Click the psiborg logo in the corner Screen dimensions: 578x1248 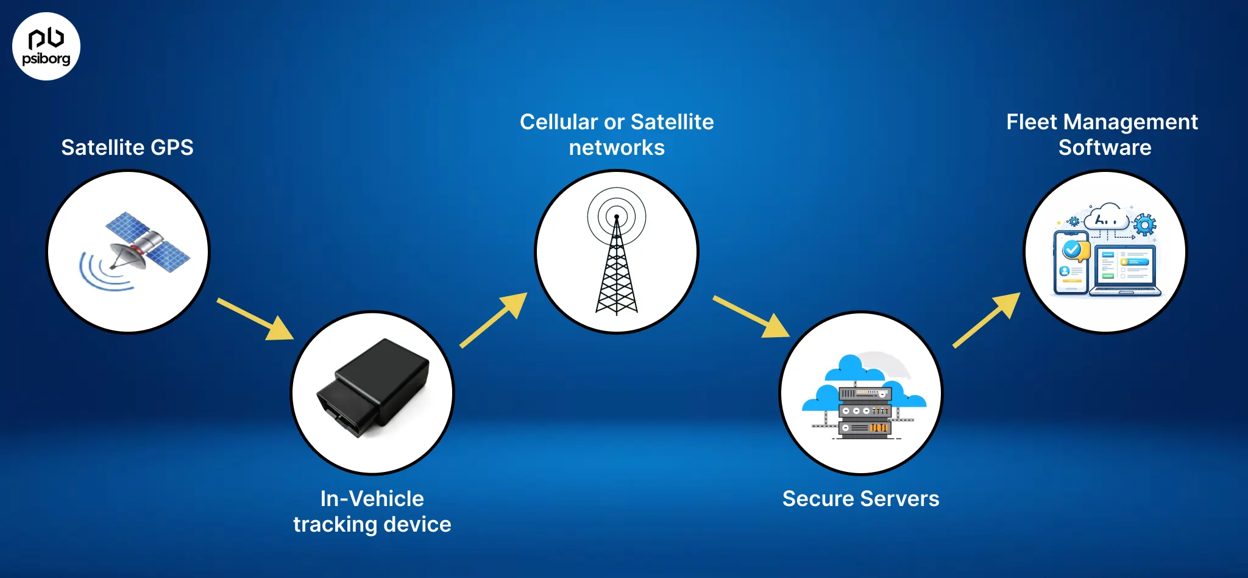(46, 46)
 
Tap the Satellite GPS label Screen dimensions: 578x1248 (127, 148)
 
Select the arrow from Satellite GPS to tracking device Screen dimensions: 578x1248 (256, 319)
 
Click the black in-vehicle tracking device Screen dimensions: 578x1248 (373, 388)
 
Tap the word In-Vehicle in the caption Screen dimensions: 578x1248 (372, 499)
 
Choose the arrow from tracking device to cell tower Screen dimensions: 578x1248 (494, 320)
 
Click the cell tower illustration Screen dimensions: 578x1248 (617, 268)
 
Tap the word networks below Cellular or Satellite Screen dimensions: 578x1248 (617, 148)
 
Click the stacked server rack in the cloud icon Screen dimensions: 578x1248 (865, 412)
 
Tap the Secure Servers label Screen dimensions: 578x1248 (860, 499)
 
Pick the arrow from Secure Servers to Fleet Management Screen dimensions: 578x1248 (987, 320)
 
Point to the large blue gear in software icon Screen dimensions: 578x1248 (1145, 225)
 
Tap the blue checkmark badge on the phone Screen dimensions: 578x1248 (1071, 249)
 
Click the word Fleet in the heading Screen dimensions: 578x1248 (1031, 122)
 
